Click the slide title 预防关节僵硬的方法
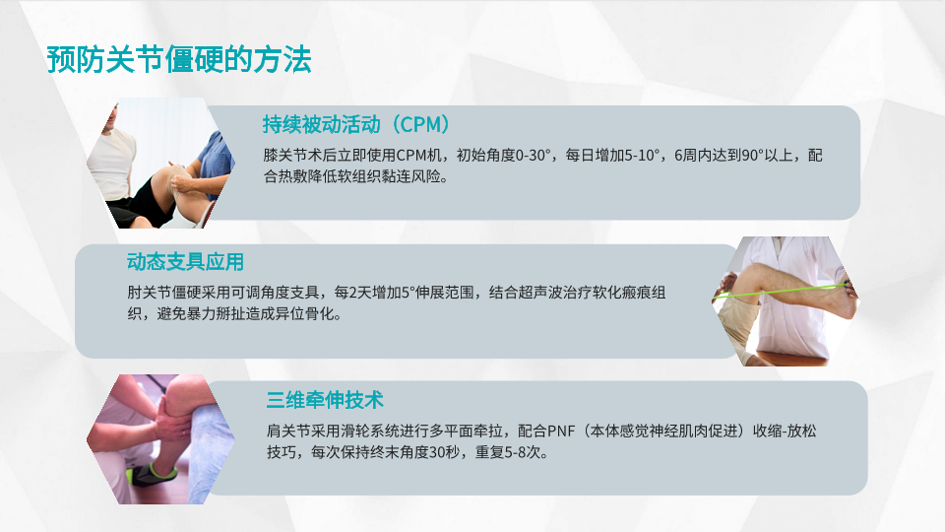(179, 60)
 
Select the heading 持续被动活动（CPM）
(356, 124)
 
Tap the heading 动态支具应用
(185, 262)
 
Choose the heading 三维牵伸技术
(325, 399)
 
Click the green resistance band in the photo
(784, 291)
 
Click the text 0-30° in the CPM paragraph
(533, 156)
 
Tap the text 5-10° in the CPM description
(642, 156)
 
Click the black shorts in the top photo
(140, 206)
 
